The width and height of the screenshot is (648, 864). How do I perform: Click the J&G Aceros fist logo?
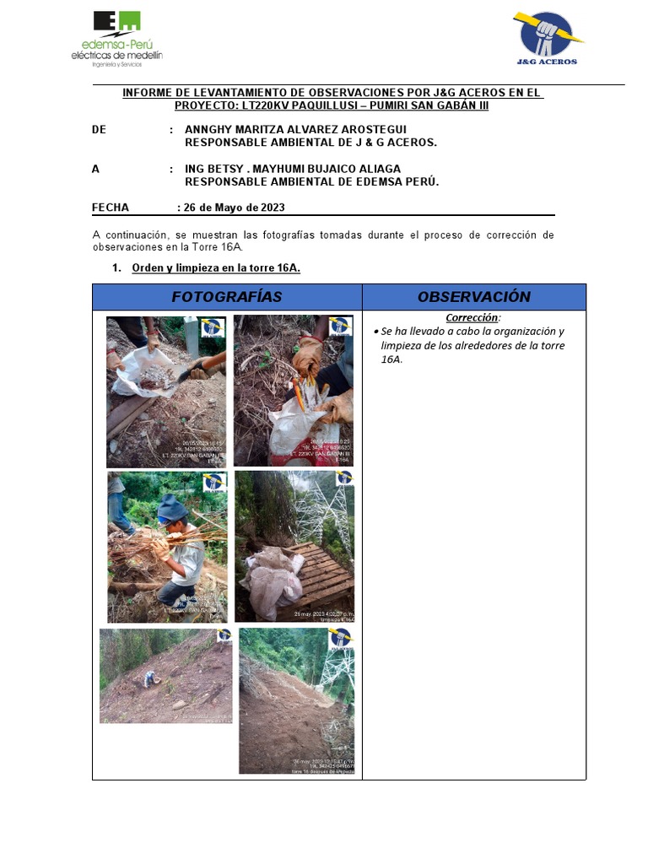[x=547, y=37]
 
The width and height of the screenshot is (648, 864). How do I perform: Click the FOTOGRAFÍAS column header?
[x=226, y=297]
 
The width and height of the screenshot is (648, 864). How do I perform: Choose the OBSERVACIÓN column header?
[x=473, y=297]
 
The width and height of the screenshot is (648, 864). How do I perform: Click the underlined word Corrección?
[x=472, y=318]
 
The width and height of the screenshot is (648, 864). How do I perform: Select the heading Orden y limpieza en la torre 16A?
[x=216, y=268]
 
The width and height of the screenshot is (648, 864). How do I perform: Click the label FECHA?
[x=111, y=208]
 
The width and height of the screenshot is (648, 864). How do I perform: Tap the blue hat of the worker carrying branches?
[x=172, y=507]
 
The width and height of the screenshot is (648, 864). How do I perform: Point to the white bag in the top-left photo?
[x=143, y=371]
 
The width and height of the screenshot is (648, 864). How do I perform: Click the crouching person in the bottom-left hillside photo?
[x=149, y=678]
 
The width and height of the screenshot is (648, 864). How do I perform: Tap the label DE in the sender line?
[x=99, y=129]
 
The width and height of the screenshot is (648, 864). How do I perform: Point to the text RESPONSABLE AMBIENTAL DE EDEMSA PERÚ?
[x=312, y=181]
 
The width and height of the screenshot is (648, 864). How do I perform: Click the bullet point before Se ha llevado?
[x=375, y=332]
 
